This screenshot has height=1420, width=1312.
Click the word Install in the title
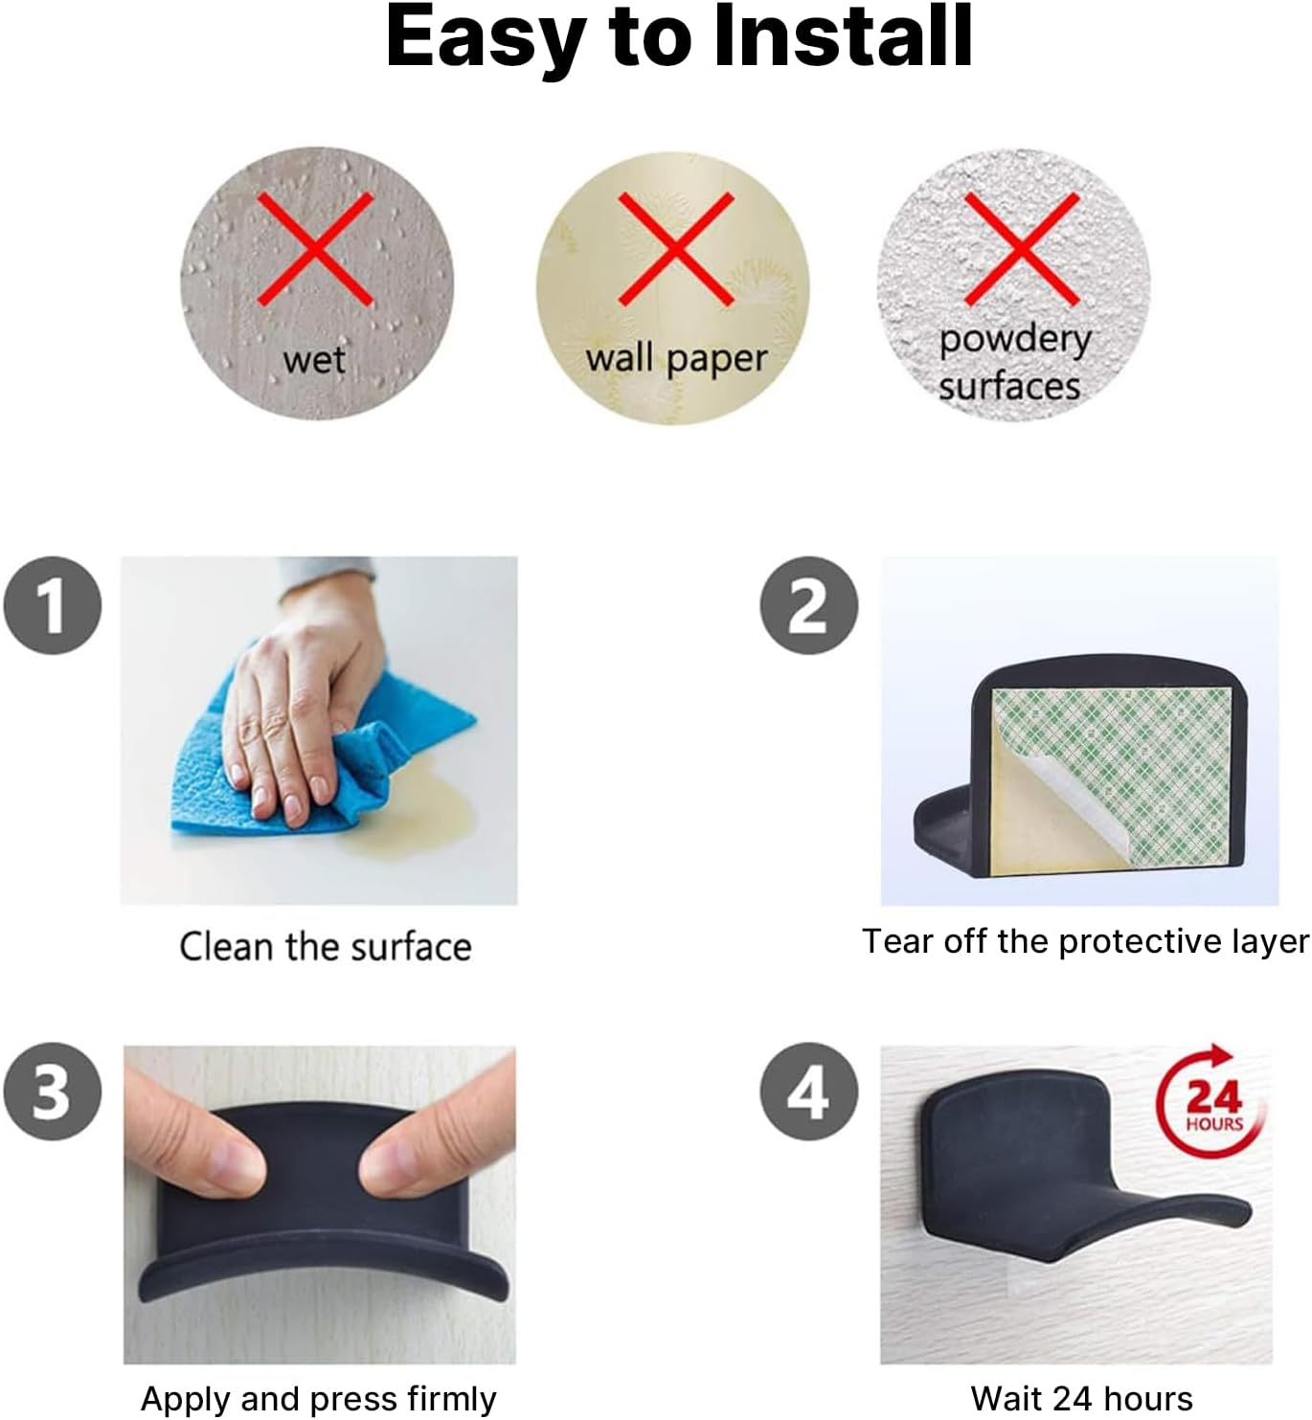[844, 36]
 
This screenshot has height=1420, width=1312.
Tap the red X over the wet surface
[315, 249]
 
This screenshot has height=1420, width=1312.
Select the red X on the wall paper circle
[675, 249]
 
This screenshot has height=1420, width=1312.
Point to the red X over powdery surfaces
[1022, 249]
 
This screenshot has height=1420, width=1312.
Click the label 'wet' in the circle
[314, 360]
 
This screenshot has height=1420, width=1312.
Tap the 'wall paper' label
[677, 358]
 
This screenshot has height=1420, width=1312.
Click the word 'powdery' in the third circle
[1015, 340]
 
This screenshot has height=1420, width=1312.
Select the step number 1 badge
[53, 605]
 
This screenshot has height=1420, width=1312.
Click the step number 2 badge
[808, 605]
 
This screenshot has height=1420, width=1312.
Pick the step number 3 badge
[53, 1092]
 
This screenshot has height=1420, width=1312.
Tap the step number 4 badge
[808, 1092]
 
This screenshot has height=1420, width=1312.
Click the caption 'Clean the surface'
[326, 946]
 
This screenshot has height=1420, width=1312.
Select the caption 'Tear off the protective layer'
[1085, 941]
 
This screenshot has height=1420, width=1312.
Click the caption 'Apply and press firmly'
[318, 1399]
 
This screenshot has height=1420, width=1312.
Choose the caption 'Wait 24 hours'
[1081, 1398]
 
